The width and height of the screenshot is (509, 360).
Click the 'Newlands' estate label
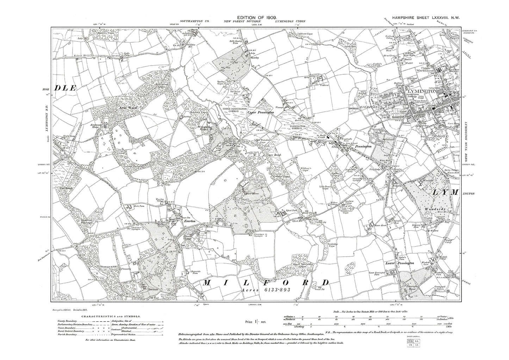pos(147,288)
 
